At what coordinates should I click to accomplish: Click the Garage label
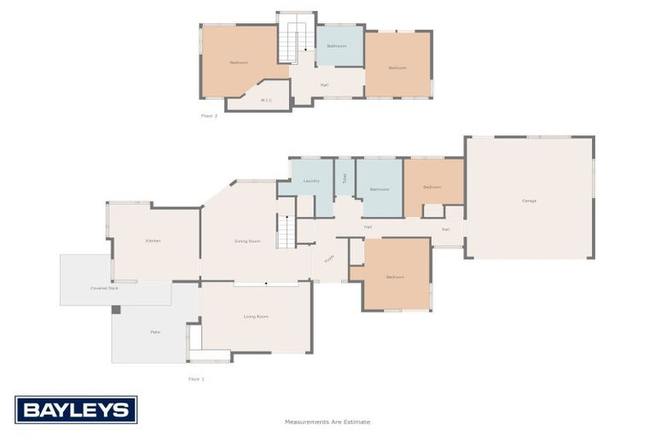(x=529, y=201)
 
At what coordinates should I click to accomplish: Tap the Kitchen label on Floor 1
(x=154, y=241)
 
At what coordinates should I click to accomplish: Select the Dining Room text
(x=247, y=242)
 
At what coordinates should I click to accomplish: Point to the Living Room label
(x=256, y=317)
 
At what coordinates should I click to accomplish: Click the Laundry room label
(x=311, y=181)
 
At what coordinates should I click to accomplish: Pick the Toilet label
(x=345, y=178)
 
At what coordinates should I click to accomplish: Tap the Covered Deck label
(x=104, y=288)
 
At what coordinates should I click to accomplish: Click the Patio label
(x=155, y=331)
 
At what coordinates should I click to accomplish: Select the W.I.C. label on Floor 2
(x=266, y=100)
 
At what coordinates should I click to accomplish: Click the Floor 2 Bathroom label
(x=337, y=46)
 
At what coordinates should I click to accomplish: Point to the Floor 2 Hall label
(x=324, y=84)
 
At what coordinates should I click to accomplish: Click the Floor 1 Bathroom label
(x=380, y=189)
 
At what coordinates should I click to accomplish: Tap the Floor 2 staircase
(x=294, y=43)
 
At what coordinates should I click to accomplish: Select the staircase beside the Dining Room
(x=286, y=230)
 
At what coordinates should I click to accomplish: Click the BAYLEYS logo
(x=76, y=410)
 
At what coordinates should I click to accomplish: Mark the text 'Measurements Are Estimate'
(x=327, y=422)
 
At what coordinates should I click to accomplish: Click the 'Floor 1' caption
(x=196, y=378)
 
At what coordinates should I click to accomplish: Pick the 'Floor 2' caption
(x=209, y=115)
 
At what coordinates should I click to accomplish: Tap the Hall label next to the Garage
(x=445, y=229)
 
